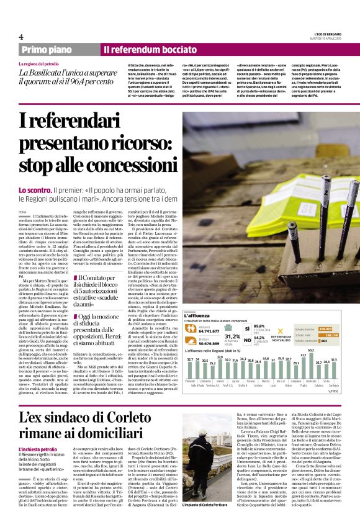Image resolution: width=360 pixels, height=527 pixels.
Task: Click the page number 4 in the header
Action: [x=21, y=37]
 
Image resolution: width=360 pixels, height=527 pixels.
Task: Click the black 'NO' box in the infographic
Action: [x=247, y=340]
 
